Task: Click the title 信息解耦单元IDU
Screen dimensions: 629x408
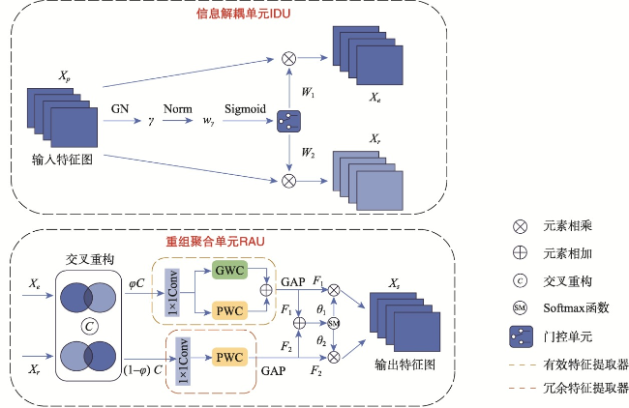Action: tap(243, 14)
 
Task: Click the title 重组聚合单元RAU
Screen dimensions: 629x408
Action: tap(216, 242)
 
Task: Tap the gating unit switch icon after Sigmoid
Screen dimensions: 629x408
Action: tap(288, 122)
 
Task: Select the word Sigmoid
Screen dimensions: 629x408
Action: tap(245, 109)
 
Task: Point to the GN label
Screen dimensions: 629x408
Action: tap(120, 108)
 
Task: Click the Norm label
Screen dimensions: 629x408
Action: tap(177, 108)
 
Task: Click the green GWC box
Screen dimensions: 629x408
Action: tap(229, 270)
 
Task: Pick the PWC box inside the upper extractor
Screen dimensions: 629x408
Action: tap(229, 310)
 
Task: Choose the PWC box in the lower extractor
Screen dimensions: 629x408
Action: tap(229, 357)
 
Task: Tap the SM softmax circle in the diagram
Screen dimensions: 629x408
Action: tap(334, 323)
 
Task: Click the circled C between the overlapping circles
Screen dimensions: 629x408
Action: tap(89, 326)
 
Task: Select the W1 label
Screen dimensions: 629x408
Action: tap(308, 92)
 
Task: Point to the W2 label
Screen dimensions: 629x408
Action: tap(308, 153)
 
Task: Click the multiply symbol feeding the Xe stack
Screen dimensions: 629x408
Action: tap(288, 59)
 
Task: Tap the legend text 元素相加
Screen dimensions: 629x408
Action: tap(568, 253)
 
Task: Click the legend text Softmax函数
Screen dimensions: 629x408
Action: tap(576, 307)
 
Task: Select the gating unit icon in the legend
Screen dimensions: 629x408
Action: tap(521, 336)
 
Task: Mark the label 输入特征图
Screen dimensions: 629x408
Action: tap(62, 160)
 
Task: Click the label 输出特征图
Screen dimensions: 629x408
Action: tap(405, 364)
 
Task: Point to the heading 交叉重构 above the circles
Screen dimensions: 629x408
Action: tap(90, 259)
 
